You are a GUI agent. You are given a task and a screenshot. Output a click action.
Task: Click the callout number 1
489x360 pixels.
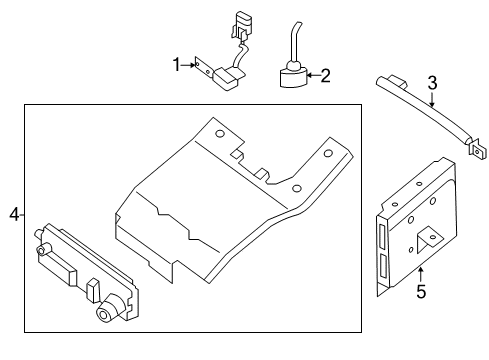point(176,65)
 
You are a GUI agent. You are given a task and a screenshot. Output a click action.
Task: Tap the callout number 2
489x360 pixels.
point(325,73)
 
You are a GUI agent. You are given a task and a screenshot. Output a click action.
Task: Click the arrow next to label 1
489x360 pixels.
point(188,66)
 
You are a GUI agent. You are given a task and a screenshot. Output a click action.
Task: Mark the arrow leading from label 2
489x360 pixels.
point(310,73)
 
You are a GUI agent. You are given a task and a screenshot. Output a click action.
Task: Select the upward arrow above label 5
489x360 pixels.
point(421,273)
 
